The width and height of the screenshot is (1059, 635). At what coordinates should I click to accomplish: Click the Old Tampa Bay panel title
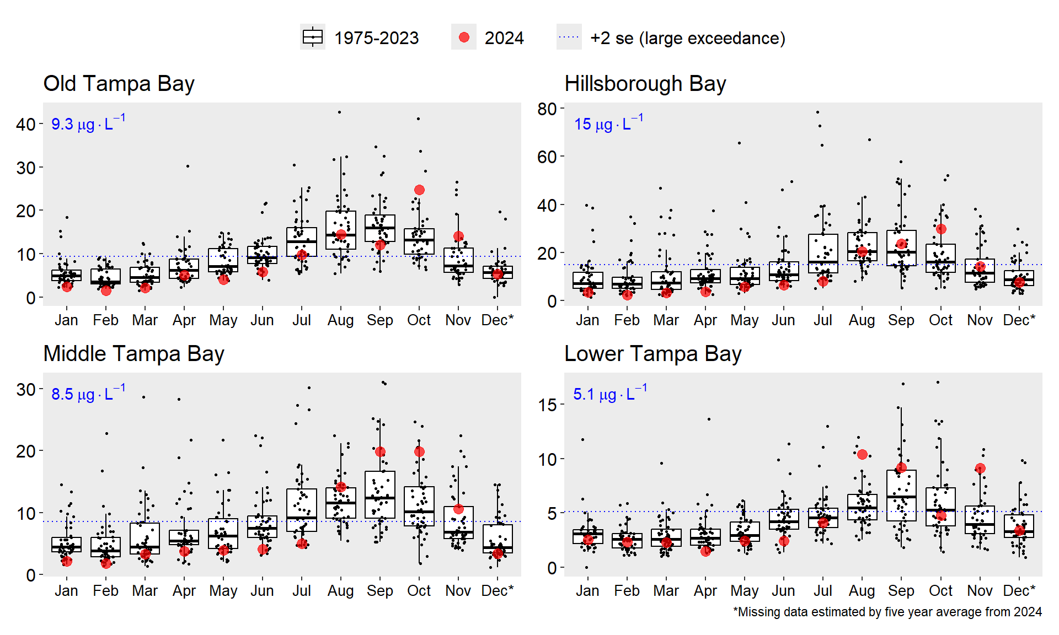click(x=119, y=84)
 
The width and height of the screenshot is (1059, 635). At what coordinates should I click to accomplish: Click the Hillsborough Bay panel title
click(x=645, y=84)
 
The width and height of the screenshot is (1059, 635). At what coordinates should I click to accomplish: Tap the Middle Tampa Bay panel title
click(x=133, y=354)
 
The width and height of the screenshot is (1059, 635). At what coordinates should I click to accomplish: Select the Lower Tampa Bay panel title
click(x=652, y=354)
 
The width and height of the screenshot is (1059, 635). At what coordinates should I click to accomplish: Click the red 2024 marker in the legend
click(x=464, y=37)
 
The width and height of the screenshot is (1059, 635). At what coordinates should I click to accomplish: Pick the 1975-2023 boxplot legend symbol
click(x=313, y=37)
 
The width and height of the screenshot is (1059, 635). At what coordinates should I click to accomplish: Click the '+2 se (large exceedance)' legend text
click(x=687, y=38)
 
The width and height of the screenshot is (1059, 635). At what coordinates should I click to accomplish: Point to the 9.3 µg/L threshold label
click(x=88, y=123)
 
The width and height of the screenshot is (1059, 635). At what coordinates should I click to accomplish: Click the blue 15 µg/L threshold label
click(x=608, y=123)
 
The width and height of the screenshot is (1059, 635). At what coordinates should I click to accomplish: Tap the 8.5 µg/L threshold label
click(x=88, y=393)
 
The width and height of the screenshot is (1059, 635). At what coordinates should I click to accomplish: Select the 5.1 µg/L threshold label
click(x=609, y=393)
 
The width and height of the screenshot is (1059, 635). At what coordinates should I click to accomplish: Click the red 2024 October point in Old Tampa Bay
click(x=419, y=190)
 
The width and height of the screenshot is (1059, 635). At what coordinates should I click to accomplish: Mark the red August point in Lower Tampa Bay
click(x=862, y=454)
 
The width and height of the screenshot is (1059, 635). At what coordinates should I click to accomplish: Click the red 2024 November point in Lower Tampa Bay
click(x=980, y=469)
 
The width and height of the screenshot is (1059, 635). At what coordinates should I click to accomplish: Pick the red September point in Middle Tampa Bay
click(x=380, y=451)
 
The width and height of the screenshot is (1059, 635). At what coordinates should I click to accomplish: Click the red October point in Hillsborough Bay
click(x=941, y=229)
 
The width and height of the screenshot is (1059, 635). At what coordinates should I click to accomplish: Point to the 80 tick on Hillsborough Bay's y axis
click(x=547, y=109)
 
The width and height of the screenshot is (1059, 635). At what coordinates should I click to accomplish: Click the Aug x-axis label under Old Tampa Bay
click(x=340, y=320)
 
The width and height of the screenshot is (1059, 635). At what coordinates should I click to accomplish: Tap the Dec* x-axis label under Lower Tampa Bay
click(x=1019, y=590)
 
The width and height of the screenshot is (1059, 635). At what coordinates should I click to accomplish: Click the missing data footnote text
click(x=887, y=612)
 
